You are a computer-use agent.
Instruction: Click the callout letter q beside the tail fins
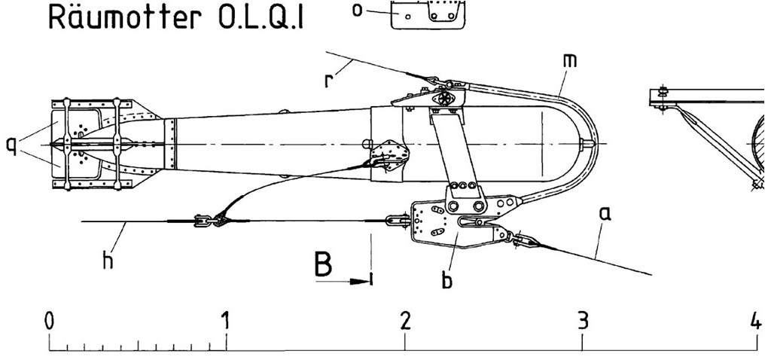coord(11,145)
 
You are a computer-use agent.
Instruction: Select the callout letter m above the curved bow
coord(569,60)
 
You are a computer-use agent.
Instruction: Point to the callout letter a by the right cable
coord(605,214)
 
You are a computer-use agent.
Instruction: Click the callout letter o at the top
coord(358,11)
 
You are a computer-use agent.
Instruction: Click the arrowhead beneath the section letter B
coord(361,282)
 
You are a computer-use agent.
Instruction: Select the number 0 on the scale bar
coord(49,322)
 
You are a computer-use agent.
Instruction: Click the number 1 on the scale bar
coord(225,322)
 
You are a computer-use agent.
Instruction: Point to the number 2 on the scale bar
coord(405,322)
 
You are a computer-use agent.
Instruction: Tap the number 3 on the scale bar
coord(583,322)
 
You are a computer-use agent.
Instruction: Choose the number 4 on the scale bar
coord(756,322)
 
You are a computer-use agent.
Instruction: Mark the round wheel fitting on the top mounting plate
coord(445,98)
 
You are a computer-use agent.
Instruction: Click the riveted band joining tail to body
coord(170,145)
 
